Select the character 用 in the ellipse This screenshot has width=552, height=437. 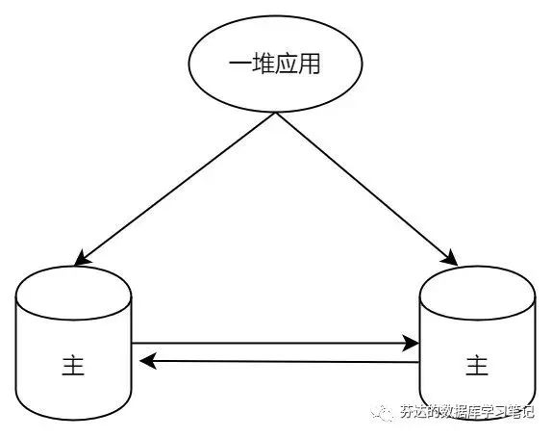pyautogui.click(x=309, y=64)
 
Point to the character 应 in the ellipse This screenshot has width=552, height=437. pyautogui.click(x=287, y=64)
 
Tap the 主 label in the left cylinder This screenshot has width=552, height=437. pyautogui.click(x=73, y=366)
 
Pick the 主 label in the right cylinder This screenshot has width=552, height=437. pyautogui.click(x=477, y=366)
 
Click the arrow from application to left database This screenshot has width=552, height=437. pyautogui.click(x=175, y=189)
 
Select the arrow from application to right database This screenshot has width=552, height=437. pyautogui.click(x=366, y=189)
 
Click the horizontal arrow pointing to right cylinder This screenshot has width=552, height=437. pyautogui.click(x=275, y=343)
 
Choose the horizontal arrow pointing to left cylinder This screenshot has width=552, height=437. pyautogui.click(x=280, y=362)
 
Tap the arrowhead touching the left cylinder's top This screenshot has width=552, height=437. pyautogui.click(x=82, y=258)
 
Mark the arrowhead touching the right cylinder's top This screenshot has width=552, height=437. pyautogui.click(x=450, y=258)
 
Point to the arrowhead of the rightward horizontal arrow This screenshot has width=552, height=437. pyautogui.click(x=411, y=343)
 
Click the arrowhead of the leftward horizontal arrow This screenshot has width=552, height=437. pyautogui.click(x=148, y=362)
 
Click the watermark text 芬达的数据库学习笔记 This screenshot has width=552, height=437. pyautogui.click(x=467, y=412)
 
